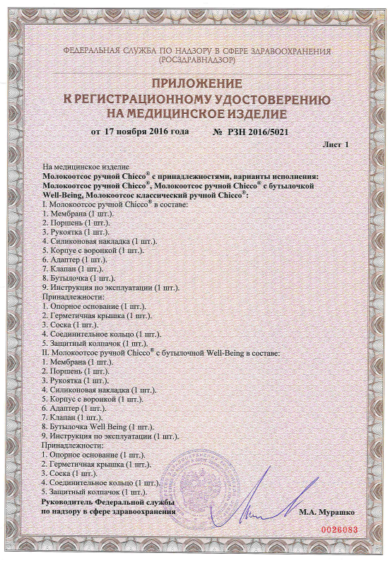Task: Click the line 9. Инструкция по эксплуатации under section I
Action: click(111, 287)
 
